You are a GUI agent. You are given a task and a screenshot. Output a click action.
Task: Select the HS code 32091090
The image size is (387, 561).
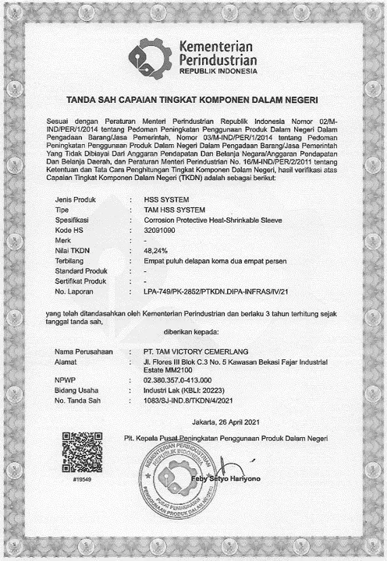[161, 231]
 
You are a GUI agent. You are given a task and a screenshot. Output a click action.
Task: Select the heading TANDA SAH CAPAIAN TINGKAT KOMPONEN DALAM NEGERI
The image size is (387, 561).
[193, 101]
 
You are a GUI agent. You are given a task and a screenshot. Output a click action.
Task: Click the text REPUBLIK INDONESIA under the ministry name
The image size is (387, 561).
[218, 71]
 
